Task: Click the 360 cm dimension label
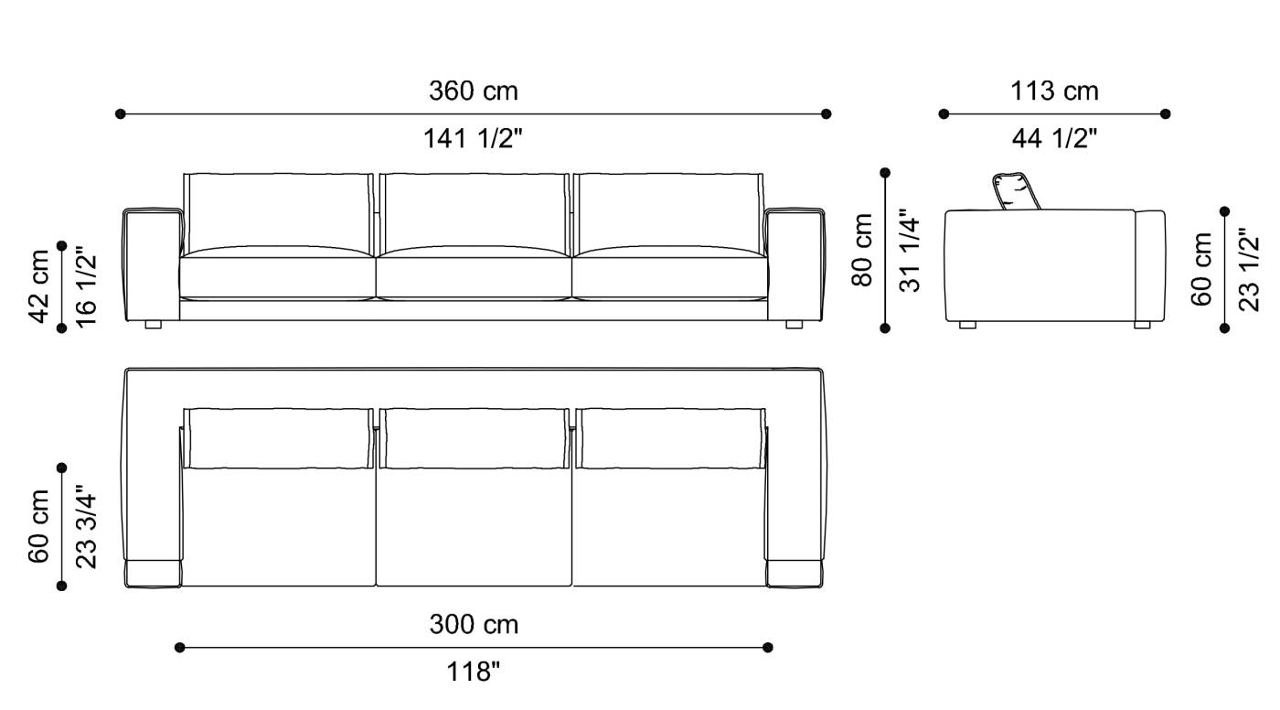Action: [473, 91]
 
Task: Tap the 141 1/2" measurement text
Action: [473, 139]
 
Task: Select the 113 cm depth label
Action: [1054, 91]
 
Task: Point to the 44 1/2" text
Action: [1054, 139]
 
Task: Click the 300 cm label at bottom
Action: [474, 625]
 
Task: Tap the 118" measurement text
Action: [474, 673]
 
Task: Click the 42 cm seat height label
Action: [39, 285]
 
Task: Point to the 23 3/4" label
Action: [87, 527]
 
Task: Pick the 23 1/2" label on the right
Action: [1250, 269]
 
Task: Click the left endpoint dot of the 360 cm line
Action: [120, 113]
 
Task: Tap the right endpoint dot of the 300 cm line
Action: [768, 647]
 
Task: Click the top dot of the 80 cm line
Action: [885, 171]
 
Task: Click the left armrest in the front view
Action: [152, 265]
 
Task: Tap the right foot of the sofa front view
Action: [794, 324]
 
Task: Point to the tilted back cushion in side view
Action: [1015, 190]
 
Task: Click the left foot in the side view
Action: [967, 325]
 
